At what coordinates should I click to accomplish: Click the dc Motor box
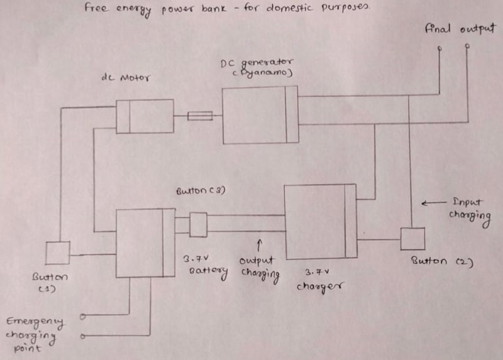pos(145,116)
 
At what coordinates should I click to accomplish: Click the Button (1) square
pos(58,253)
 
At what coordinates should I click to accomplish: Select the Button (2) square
pos(412,239)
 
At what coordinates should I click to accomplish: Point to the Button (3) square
pos(198,224)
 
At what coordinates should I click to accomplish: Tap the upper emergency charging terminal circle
pos(84,316)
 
